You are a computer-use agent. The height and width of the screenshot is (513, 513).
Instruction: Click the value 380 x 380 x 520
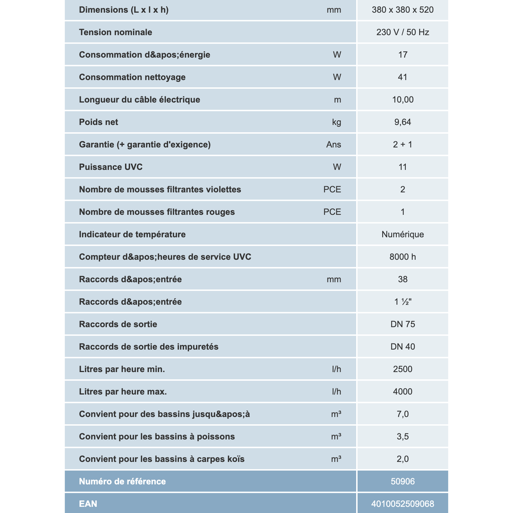click(x=402, y=10)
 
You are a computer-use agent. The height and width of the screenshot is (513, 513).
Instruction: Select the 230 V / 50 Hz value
click(x=402, y=32)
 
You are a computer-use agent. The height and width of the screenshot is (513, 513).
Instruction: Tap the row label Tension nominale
click(x=115, y=32)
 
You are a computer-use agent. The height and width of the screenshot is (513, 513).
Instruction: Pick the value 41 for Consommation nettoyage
click(x=402, y=77)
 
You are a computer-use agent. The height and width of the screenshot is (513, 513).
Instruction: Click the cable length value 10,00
click(x=402, y=100)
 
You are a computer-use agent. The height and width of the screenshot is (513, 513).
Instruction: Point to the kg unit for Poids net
click(x=336, y=122)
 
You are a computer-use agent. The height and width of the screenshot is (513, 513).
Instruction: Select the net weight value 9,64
click(x=402, y=122)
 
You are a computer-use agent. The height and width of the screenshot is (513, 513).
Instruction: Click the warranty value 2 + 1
click(x=402, y=144)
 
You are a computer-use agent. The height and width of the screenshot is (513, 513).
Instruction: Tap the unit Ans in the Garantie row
click(x=333, y=144)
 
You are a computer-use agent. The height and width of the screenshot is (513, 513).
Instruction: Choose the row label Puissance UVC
click(x=111, y=167)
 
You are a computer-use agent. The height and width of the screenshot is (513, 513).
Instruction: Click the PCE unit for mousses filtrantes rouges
click(x=332, y=212)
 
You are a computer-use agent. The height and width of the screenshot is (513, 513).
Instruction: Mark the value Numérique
click(x=402, y=234)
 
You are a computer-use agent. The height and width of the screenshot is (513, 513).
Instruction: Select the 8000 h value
click(x=402, y=257)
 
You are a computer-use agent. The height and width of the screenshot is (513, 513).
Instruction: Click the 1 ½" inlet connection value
click(x=402, y=302)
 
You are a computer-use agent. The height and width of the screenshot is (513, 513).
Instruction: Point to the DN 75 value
click(x=402, y=324)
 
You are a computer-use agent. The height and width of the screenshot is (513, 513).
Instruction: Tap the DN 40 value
click(x=402, y=347)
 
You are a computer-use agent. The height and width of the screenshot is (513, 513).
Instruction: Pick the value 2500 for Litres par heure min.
click(x=402, y=369)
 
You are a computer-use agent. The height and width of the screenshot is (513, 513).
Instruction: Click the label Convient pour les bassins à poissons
click(x=157, y=436)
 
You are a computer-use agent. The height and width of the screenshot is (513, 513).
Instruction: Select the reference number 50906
click(x=402, y=481)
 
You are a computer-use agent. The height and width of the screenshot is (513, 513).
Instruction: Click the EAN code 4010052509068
click(x=402, y=503)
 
